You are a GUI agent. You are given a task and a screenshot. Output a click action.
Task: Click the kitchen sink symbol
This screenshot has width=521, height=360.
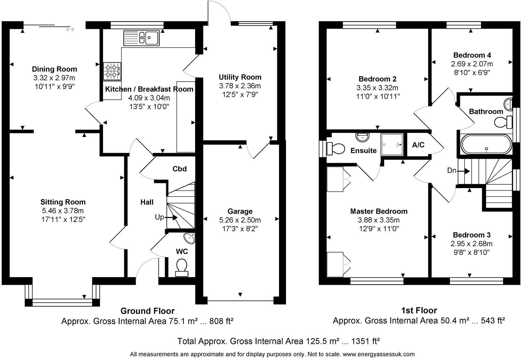coord(142,37)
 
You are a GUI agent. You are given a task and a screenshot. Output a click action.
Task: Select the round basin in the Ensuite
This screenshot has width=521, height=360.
coord(363,137)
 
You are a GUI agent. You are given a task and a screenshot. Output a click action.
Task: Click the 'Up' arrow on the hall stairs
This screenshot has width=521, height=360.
coord(171,217)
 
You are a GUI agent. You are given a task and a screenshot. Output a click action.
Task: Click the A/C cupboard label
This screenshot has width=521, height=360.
coord(418,145)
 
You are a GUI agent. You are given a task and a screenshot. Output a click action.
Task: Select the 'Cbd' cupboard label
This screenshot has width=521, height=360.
coord(179,169)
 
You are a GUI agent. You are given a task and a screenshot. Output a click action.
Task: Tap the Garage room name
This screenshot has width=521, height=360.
coord(240,211)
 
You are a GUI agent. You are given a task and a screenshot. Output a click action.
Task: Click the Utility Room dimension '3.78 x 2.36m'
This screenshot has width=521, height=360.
coord(240,86)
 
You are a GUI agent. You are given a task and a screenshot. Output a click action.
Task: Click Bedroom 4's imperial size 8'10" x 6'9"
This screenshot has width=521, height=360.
coord(472,73)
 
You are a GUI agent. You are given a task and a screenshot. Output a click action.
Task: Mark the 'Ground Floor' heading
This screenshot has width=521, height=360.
coord(147,311)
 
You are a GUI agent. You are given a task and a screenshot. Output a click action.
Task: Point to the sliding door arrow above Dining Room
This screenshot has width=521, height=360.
coord(70,30)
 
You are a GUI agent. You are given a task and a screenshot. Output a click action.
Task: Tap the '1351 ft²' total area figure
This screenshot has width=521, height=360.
coord(365,341)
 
